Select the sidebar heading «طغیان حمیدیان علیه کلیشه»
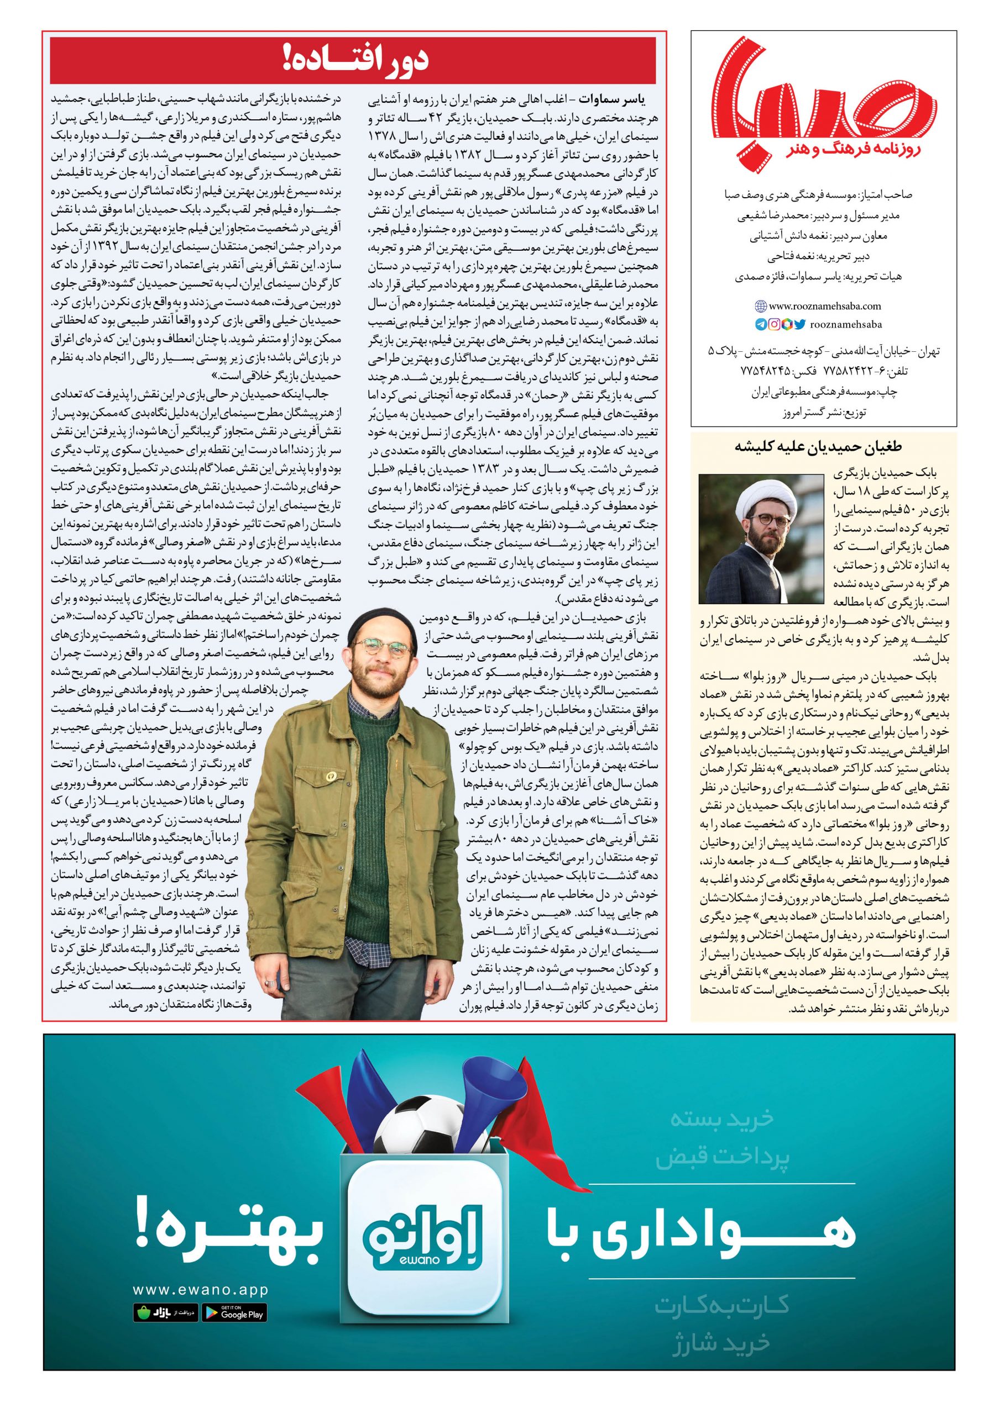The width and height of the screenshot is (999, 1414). (x=823, y=446)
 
